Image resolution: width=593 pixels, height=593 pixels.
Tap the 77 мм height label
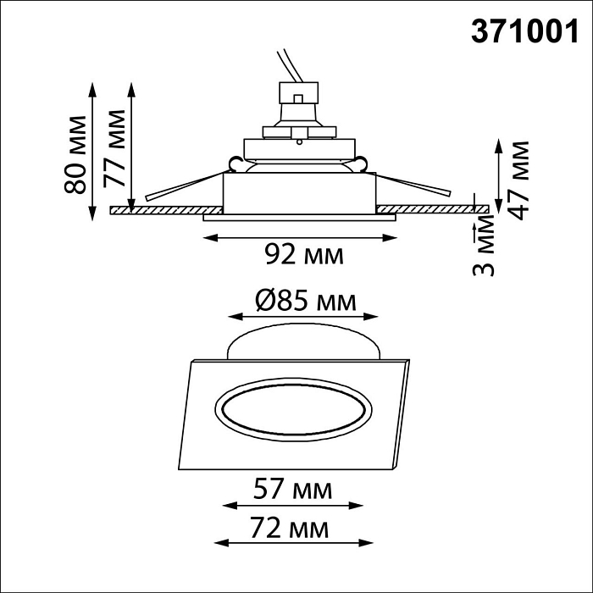[114, 149]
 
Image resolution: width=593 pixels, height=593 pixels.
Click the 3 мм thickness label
[483, 247]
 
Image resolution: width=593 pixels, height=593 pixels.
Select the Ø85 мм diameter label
[303, 300]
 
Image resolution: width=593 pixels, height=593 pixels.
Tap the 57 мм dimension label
[293, 489]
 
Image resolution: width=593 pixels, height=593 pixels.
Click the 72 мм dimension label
[293, 530]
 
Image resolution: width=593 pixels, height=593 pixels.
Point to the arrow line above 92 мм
[300, 237]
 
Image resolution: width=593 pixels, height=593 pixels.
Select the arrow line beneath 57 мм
[293, 507]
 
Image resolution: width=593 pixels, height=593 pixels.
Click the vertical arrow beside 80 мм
[91, 150]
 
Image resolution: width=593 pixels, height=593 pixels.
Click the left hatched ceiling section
[165, 209]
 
